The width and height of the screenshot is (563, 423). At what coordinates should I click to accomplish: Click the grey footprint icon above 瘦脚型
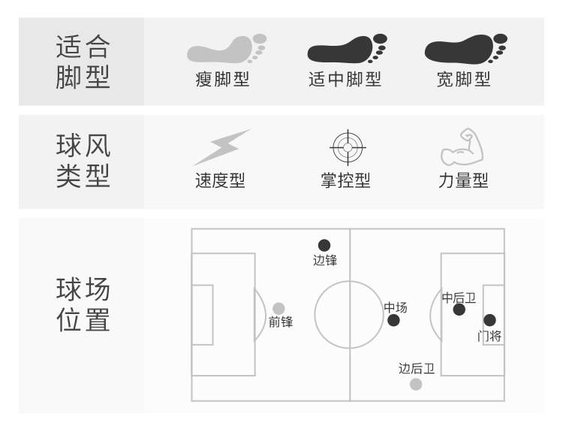[226, 51]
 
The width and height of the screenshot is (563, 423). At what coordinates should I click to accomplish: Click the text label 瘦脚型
[222, 79]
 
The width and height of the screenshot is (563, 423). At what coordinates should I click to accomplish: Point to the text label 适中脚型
[345, 79]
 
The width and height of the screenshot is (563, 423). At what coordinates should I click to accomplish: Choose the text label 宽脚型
[464, 79]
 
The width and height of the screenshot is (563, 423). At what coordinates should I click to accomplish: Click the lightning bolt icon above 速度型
[221, 147]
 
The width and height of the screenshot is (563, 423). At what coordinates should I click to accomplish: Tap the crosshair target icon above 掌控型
[346, 147]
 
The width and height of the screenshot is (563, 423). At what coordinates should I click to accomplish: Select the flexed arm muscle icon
[462, 147]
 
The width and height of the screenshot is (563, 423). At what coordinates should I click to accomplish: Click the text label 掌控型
[346, 181]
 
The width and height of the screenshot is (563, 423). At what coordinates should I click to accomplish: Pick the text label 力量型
[463, 181]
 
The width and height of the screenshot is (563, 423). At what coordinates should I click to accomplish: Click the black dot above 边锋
[324, 245]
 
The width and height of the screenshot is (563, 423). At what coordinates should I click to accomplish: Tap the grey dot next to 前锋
[278, 308]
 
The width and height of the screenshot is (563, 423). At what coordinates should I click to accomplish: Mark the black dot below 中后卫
[459, 310]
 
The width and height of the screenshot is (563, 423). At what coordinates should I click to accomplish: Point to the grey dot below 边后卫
[416, 385]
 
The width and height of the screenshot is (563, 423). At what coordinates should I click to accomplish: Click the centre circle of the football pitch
[349, 315]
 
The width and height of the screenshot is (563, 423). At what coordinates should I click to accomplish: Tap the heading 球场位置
[83, 304]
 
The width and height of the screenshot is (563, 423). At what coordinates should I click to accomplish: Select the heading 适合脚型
[83, 62]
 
